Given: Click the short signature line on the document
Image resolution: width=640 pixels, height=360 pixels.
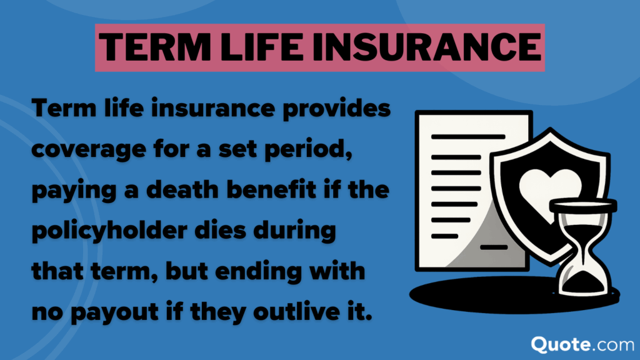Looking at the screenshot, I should click(x=493, y=247).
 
